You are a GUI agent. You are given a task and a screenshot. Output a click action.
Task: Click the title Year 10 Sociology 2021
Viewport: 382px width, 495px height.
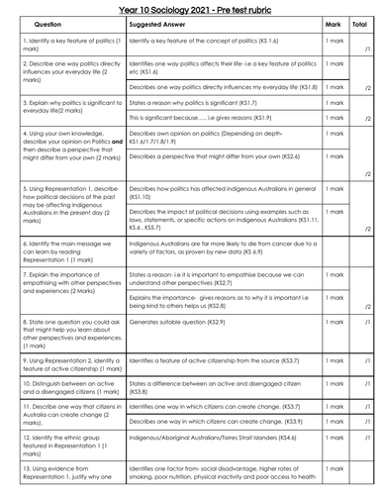(x=190, y=9)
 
